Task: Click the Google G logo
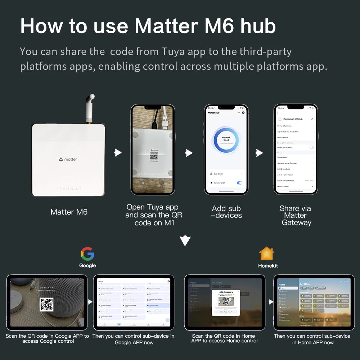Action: [87, 254]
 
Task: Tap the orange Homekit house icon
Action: [267, 254]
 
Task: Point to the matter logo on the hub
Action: [68, 159]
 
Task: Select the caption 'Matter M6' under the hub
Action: [69, 212]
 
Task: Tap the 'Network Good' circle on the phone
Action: [226, 139]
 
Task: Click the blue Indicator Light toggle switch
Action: [239, 183]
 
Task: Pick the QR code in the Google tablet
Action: [47, 305]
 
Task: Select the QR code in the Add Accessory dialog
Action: [225, 301]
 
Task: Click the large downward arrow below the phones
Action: [185, 240]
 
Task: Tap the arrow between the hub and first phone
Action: [118, 153]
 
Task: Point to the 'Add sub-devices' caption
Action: [226, 212]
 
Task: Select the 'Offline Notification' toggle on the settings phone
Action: [311, 147]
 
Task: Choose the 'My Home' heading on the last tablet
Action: [305, 284]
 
